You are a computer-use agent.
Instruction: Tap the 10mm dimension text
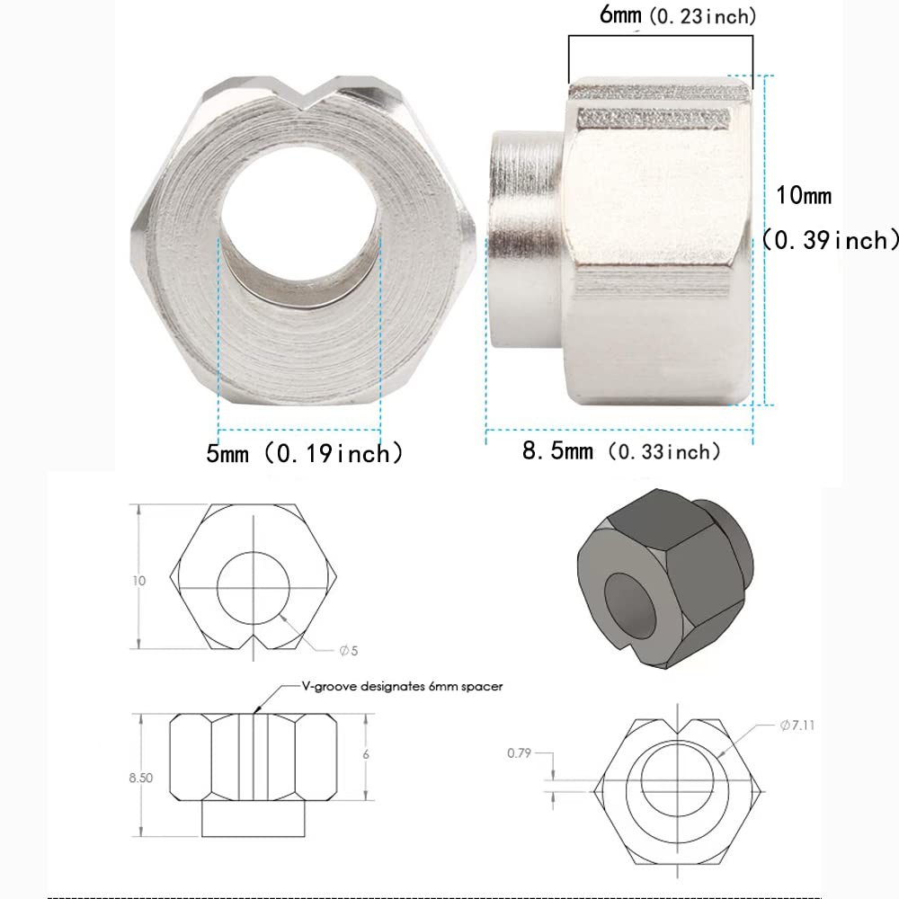coord(805,195)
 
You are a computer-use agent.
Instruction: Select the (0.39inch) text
coord(829,240)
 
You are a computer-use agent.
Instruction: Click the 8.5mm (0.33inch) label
coord(621,451)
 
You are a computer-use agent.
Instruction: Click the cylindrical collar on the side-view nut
coord(526,238)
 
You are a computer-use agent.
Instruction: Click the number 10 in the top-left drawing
coord(139,581)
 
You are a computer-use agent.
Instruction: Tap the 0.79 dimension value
coord(518,752)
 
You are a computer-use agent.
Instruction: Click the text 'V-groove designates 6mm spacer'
coord(402,686)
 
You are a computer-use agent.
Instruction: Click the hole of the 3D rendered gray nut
coord(629,607)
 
